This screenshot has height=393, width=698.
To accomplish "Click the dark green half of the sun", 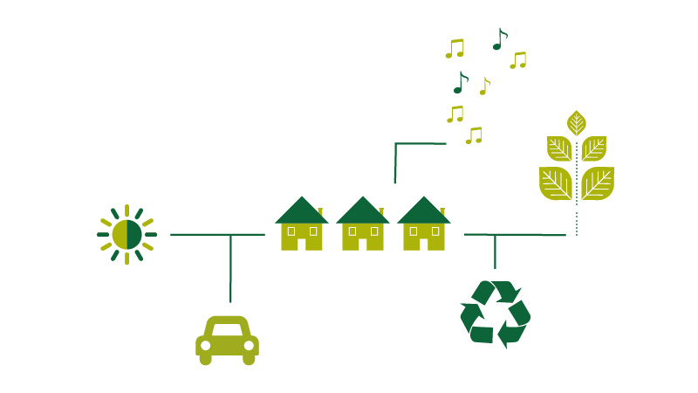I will click(134, 234).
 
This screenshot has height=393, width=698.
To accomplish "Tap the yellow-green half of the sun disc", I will click(120, 234).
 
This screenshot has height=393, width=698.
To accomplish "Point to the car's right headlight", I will click(250, 346).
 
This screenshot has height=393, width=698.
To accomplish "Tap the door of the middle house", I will click(363, 242).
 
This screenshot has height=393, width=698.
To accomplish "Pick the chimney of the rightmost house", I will click(442, 212).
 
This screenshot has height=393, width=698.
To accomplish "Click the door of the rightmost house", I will click(424, 242).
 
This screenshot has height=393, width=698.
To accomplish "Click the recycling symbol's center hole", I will click(495, 314).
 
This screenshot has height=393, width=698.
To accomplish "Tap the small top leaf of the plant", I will click(576, 122).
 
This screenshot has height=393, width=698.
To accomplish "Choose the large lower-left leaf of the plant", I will click(556, 183).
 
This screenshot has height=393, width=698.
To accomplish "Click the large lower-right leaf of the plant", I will click(597, 183).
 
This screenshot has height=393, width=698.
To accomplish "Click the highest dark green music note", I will click(498, 40).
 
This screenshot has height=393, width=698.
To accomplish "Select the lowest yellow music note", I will click(473, 136).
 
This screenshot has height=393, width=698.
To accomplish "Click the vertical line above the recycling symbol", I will click(495, 252).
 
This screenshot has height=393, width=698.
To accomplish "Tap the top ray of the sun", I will click(127, 210).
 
